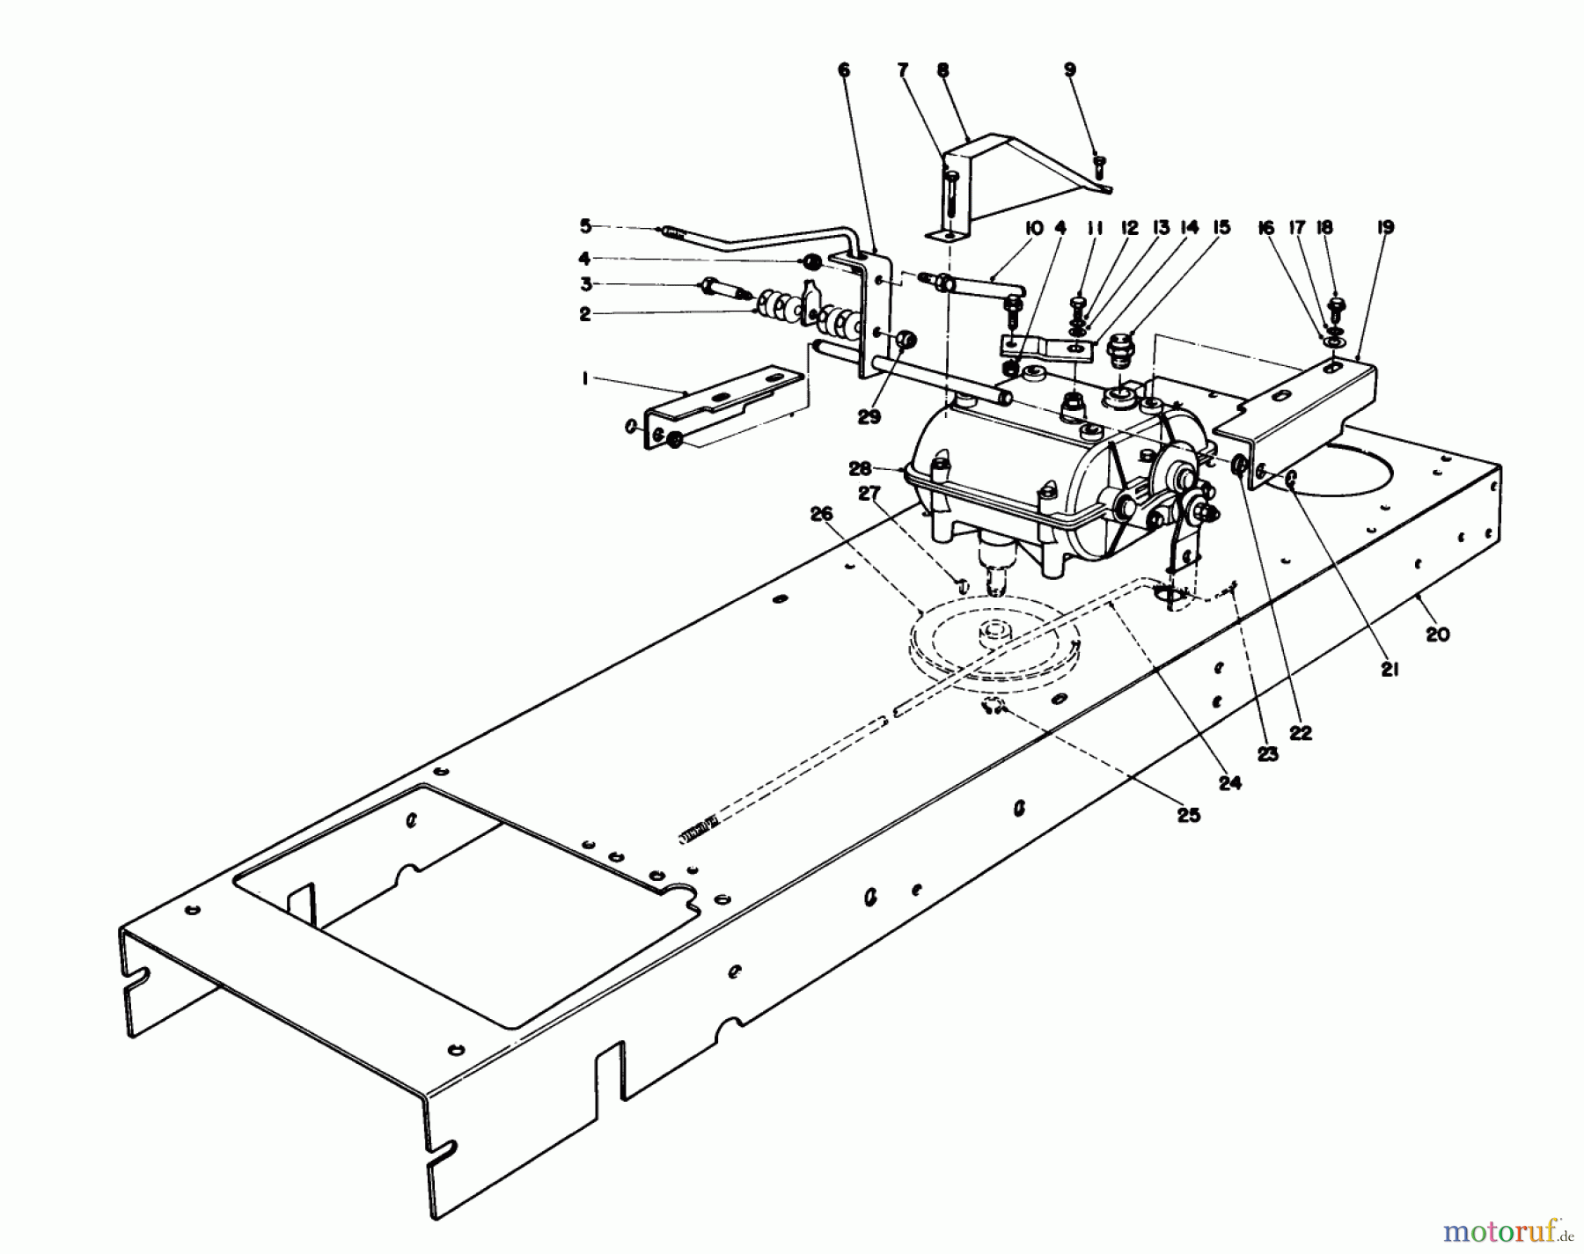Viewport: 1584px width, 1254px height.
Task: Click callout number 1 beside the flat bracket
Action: click(x=584, y=378)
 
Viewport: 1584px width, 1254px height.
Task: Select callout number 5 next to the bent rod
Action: click(x=585, y=226)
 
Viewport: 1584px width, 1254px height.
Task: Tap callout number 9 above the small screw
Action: click(x=1070, y=70)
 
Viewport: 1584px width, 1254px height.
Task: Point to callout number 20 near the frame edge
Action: click(x=1437, y=634)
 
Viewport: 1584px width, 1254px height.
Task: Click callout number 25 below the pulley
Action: click(x=1188, y=816)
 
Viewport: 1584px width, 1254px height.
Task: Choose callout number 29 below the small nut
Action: click(x=869, y=417)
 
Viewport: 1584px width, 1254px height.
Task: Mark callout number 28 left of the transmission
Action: click(x=860, y=467)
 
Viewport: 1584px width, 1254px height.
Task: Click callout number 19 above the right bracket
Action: click(x=1385, y=227)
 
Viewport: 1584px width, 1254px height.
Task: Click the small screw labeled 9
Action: click(x=1098, y=165)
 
